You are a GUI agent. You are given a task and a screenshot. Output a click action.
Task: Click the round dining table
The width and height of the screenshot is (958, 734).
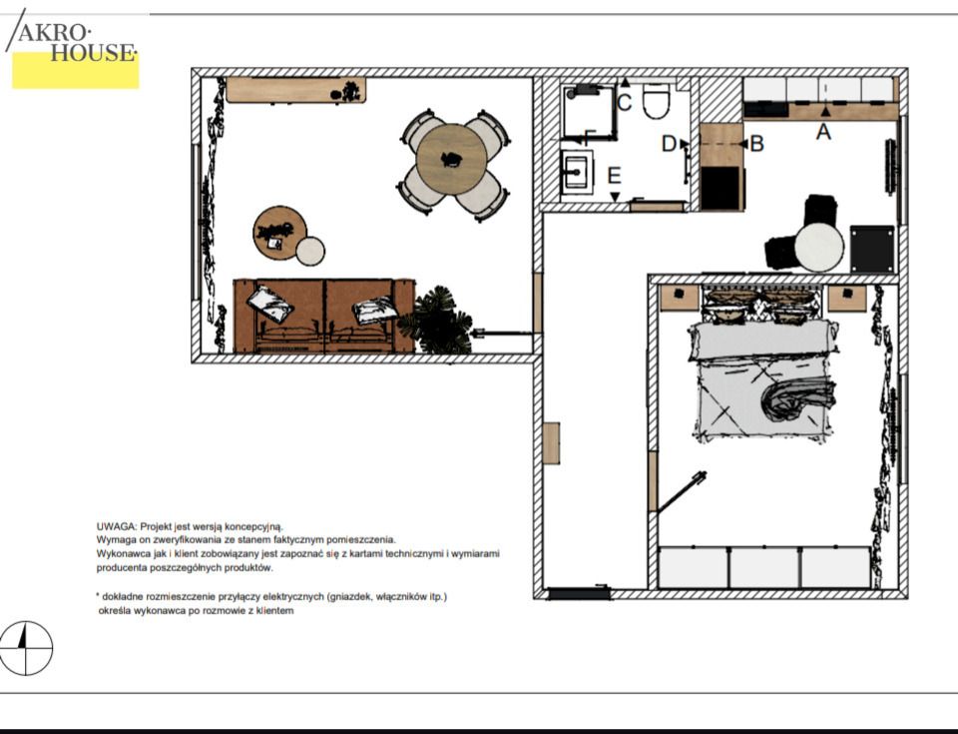451,159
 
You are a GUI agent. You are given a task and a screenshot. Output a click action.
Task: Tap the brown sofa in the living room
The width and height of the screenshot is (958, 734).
324,317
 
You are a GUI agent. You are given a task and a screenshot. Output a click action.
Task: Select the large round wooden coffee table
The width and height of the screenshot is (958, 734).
279,233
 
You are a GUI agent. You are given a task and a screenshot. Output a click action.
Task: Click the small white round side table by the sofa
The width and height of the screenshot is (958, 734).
310,251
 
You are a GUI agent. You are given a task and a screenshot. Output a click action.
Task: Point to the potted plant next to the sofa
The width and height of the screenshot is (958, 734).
437,320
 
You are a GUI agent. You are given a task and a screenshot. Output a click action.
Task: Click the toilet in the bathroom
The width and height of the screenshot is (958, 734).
657,101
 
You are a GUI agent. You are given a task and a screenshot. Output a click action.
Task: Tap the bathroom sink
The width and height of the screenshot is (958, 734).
576,173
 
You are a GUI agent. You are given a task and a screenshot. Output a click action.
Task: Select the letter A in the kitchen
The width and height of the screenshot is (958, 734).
823,132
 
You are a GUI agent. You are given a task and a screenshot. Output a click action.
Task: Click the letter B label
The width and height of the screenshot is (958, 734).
756,144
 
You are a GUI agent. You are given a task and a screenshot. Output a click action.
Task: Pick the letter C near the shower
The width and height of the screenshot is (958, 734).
624,102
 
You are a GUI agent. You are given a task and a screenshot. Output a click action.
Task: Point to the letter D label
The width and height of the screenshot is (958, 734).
669,144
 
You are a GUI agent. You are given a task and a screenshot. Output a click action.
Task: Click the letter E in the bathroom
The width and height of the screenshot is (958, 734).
614,176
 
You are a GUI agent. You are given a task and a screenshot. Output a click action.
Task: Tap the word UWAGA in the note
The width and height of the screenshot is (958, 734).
116,526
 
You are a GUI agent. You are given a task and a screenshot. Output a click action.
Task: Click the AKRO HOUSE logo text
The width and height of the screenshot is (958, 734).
76,43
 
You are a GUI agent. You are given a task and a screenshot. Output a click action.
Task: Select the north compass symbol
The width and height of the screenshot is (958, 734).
26,648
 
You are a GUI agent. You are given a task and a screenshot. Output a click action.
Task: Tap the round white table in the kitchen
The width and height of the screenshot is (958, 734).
819,247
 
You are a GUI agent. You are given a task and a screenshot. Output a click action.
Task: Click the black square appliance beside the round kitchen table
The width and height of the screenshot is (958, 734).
872,249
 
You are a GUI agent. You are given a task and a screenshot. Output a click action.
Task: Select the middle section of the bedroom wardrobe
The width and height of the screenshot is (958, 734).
764,567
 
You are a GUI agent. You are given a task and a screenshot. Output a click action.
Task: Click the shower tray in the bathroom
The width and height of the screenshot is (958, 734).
587,111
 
